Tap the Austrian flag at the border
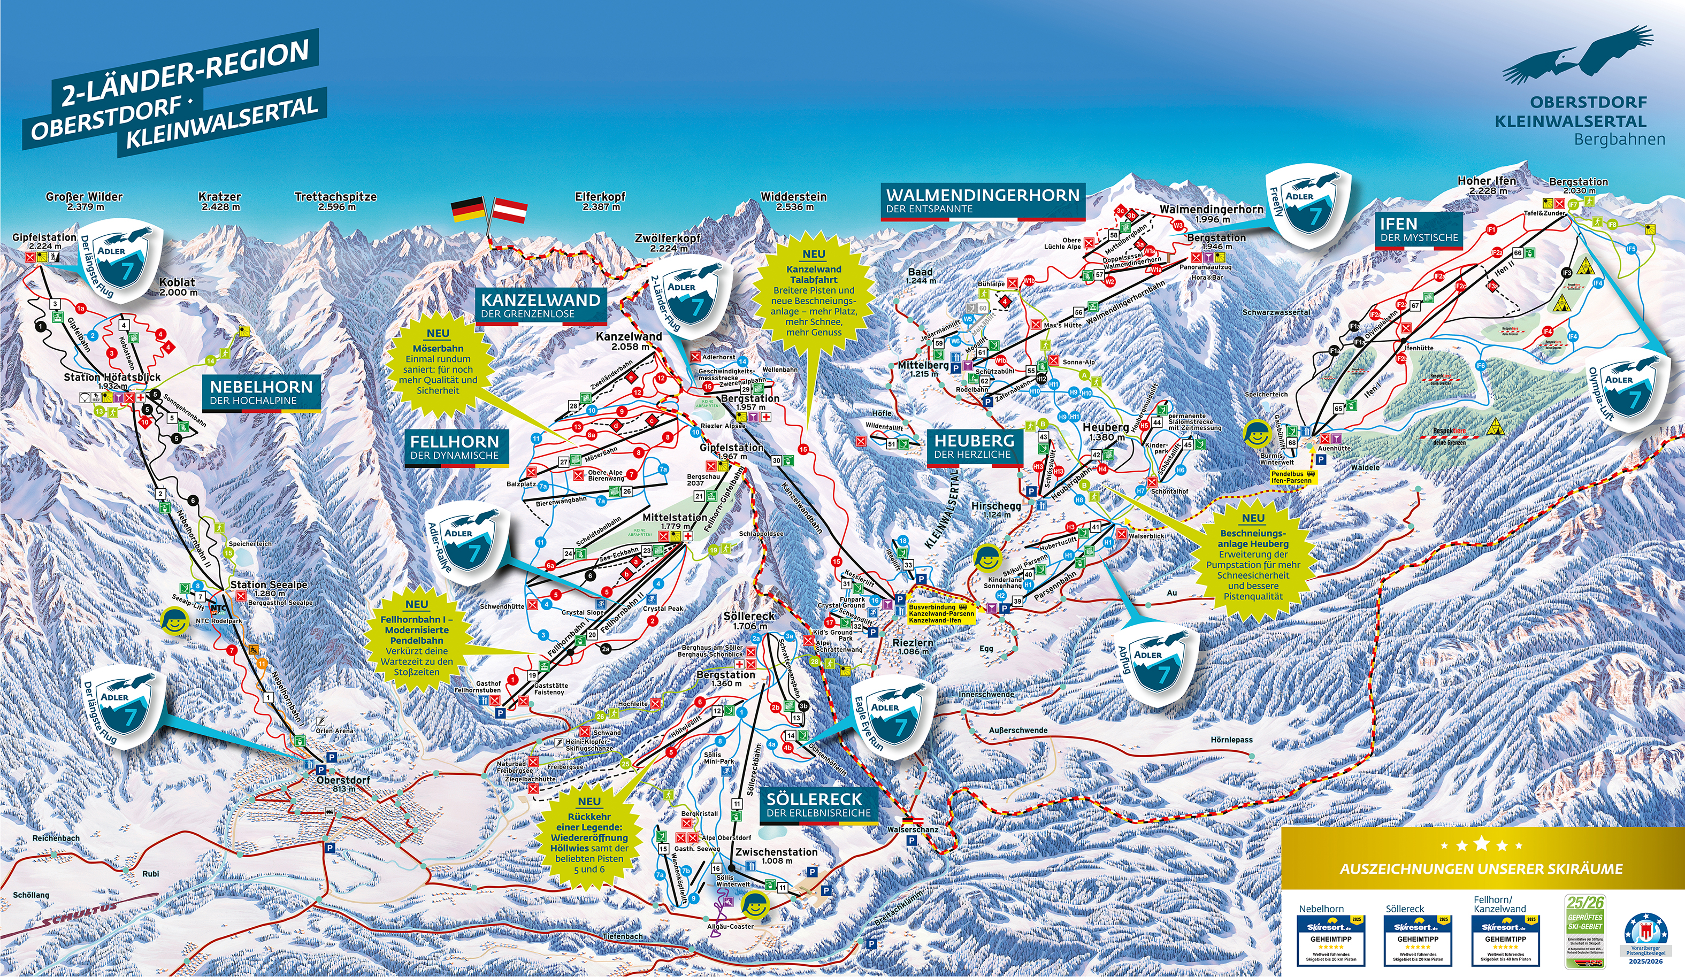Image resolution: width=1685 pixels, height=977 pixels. pos(509,210)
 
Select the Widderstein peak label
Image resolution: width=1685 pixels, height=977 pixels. pos(794,201)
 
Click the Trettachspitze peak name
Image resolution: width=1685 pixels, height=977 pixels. pos(336,201)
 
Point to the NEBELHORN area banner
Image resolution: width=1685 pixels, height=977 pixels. pos(261,393)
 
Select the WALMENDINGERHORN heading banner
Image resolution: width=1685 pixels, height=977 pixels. pos(982,201)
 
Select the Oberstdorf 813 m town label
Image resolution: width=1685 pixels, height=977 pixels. pos(343,784)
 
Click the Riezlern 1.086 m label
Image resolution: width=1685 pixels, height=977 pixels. pos(913,646)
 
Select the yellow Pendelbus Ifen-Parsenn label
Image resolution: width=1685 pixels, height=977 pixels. pos(1292,477)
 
